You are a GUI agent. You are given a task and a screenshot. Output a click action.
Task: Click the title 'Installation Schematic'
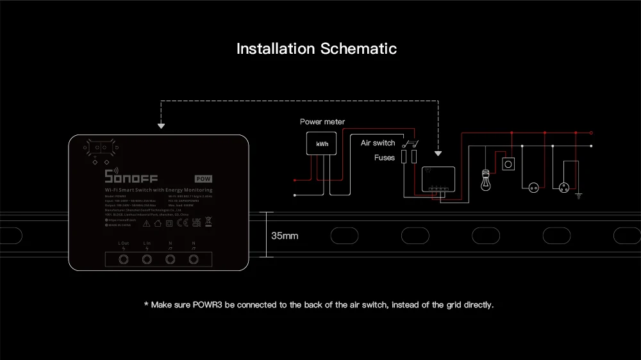(x=317, y=49)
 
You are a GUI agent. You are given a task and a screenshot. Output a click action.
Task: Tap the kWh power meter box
(x=322, y=144)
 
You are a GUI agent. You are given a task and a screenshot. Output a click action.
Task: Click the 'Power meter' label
(x=322, y=122)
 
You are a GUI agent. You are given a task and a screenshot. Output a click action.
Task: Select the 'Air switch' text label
(x=378, y=143)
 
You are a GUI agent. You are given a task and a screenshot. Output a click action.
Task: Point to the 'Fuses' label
(x=385, y=157)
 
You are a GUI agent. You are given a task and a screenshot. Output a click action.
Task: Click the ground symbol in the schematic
(x=578, y=193)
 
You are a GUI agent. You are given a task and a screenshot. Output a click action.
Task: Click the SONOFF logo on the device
(x=131, y=177)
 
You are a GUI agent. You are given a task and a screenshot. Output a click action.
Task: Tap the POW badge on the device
(x=204, y=179)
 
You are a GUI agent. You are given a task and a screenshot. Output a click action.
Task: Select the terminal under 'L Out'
(x=124, y=259)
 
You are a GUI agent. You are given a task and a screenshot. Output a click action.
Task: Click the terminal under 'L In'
(x=147, y=259)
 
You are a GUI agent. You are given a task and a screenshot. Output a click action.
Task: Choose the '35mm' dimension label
(x=284, y=236)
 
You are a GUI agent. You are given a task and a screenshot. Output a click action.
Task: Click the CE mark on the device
(x=181, y=224)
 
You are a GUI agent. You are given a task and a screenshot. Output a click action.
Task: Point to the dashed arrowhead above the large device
(x=161, y=126)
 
